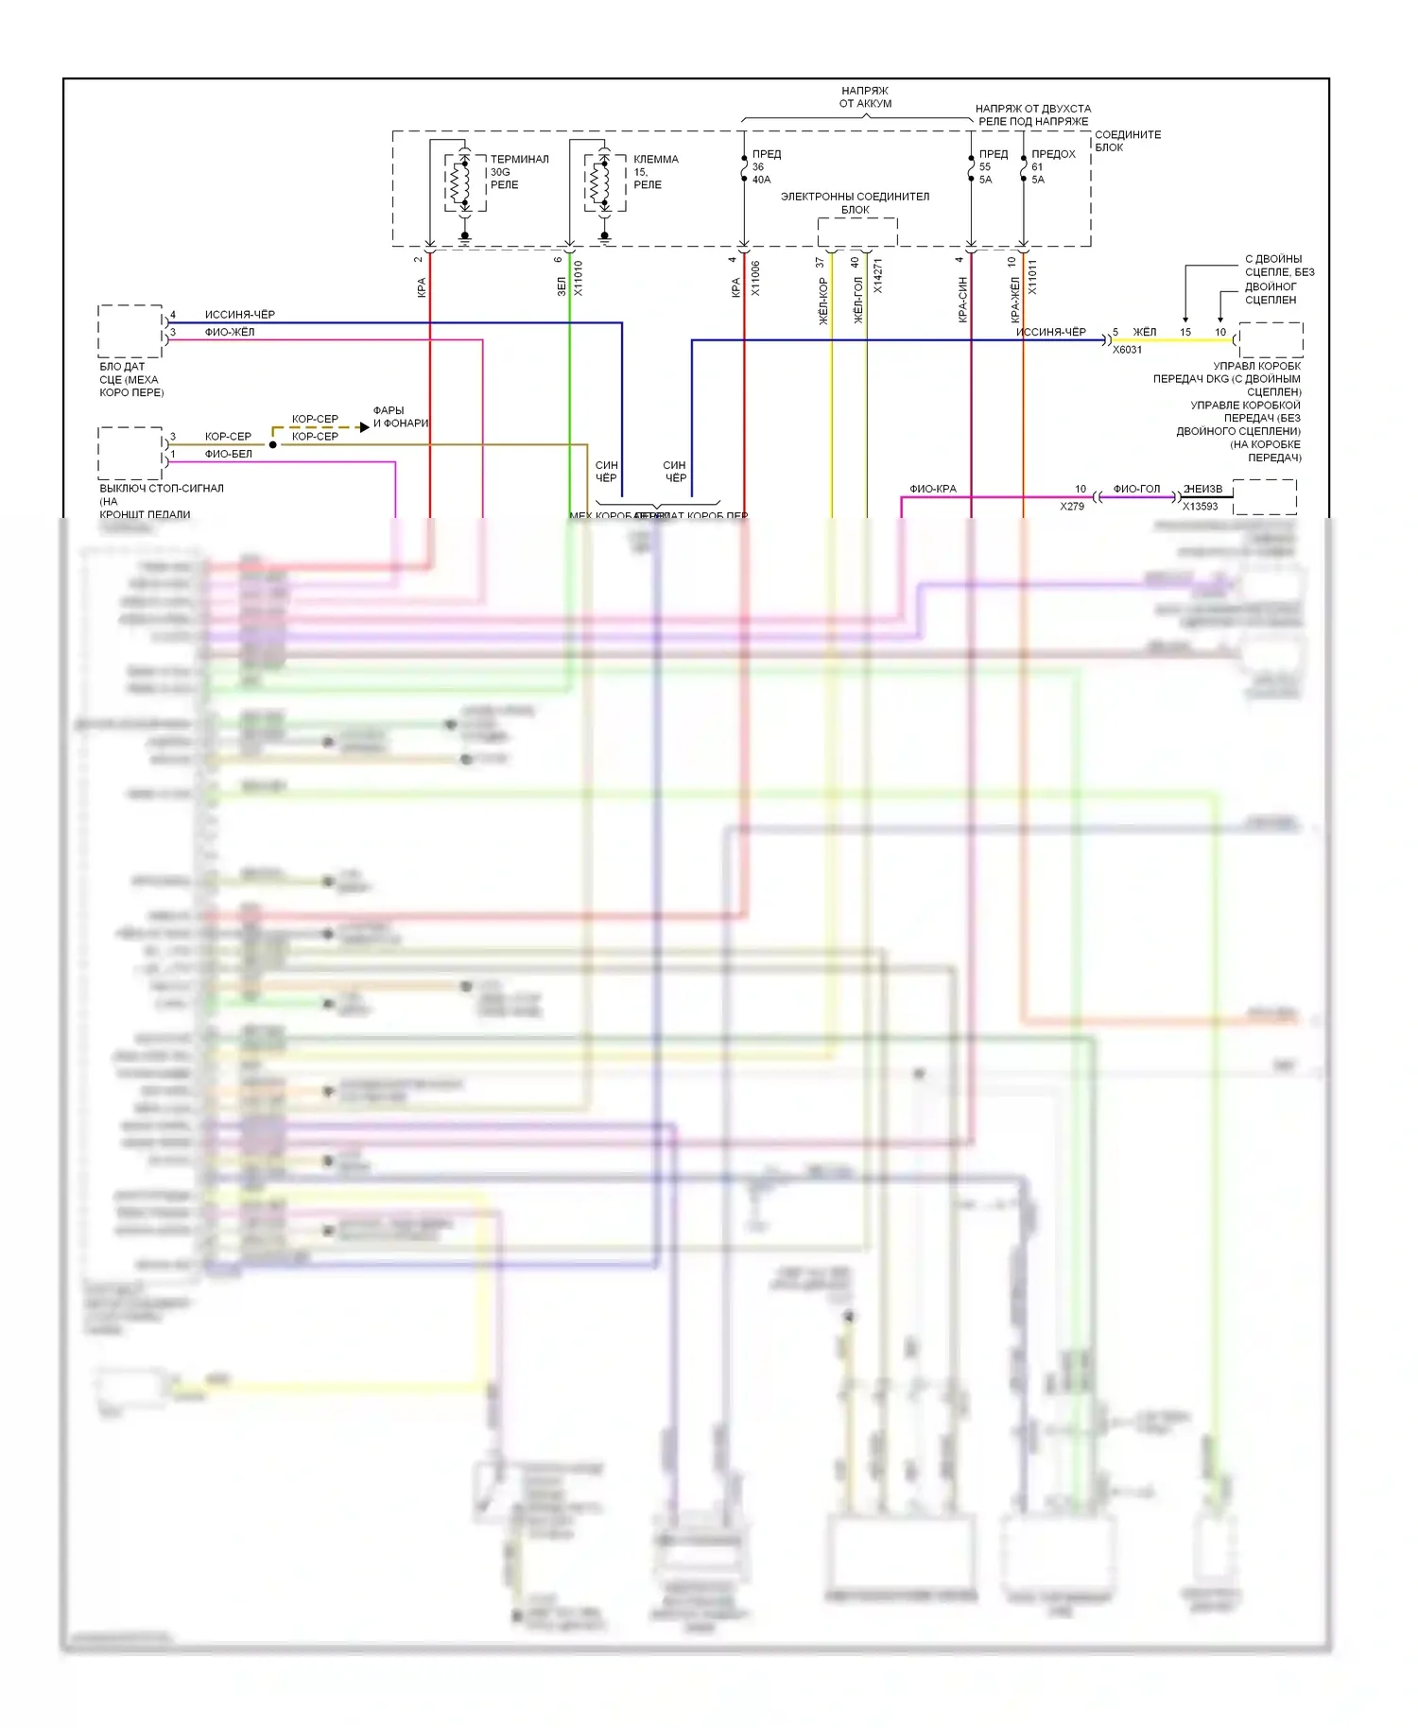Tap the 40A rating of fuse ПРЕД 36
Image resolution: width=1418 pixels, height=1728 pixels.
(761, 180)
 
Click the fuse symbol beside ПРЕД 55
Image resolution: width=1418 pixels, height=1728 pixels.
(971, 167)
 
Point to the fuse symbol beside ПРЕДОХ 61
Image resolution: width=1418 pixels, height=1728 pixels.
(1023, 167)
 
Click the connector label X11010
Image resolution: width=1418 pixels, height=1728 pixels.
(579, 278)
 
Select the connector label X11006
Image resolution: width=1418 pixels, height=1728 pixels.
(755, 278)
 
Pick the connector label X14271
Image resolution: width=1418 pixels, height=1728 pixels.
(878, 276)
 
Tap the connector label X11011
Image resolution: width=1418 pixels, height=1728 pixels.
(1032, 277)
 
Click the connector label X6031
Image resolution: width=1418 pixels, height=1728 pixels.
(1127, 350)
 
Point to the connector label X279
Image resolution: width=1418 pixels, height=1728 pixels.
(1072, 507)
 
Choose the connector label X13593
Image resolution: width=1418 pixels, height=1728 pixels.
(1201, 507)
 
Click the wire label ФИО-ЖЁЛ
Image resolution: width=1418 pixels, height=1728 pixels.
(230, 332)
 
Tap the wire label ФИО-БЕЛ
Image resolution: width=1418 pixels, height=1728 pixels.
(229, 454)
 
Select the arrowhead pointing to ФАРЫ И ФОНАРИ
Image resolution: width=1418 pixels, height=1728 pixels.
(364, 427)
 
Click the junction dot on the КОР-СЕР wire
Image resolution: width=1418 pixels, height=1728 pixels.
(273, 444)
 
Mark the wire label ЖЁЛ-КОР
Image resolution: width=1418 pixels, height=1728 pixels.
(822, 301)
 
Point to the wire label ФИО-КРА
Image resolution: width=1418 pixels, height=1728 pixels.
(933, 489)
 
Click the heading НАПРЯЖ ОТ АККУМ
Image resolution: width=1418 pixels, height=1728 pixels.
(865, 97)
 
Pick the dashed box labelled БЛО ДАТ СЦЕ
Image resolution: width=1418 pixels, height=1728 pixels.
(130, 331)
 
